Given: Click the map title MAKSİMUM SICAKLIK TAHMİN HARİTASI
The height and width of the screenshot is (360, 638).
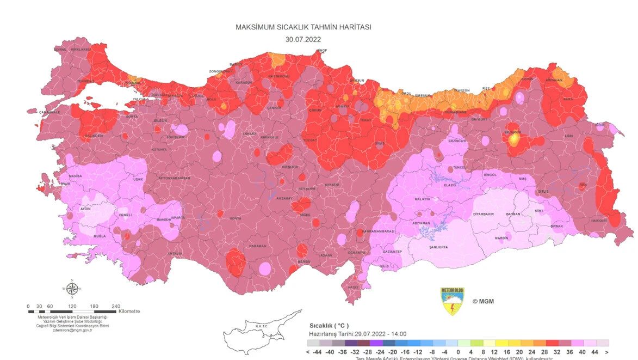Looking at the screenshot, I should pyautogui.click(x=303, y=27).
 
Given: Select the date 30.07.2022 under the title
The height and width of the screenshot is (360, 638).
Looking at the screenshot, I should pyautogui.click(x=303, y=39).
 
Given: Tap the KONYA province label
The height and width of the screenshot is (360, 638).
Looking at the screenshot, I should pyautogui.click(x=236, y=218).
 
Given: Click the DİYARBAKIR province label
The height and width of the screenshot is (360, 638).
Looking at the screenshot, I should pyautogui.click(x=482, y=215).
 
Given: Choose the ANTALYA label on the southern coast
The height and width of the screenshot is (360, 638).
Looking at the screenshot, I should pyautogui.click(x=175, y=253).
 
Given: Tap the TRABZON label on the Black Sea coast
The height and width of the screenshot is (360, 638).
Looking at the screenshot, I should pyautogui.click(x=461, y=90).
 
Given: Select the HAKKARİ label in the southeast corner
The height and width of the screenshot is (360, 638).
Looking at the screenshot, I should pyautogui.click(x=599, y=221).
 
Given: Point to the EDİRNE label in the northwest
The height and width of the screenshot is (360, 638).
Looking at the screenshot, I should pyautogui.click(x=60, y=50).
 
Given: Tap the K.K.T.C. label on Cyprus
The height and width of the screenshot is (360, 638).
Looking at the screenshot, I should pyautogui.click(x=262, y=326).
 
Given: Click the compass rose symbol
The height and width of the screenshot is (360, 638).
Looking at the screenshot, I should pyautogui.click(x=72, y=288).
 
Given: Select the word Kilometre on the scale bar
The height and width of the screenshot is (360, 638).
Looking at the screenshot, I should pyautogui.click(x=129, y=312).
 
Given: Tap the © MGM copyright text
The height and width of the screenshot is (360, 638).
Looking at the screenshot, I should pyautogui.click(x=483, y=301).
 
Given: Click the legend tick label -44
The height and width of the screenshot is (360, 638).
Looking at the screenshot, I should pyautogui.click(x=314, y=352).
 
